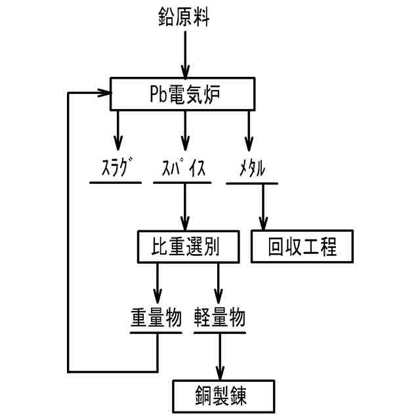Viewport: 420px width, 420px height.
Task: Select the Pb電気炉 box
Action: pos(182,94)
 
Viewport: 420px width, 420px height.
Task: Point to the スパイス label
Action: pos(183,169)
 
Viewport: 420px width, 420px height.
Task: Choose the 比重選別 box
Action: pos(188,246)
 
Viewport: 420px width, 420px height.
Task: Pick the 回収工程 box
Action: pos(303,247)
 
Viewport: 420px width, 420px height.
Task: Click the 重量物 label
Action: pos(156,318)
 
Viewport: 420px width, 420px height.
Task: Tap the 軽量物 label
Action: pos(220,318)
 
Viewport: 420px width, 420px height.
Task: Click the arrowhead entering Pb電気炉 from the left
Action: pos(104,93)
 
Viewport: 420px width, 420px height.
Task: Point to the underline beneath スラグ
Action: pos(115,182)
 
